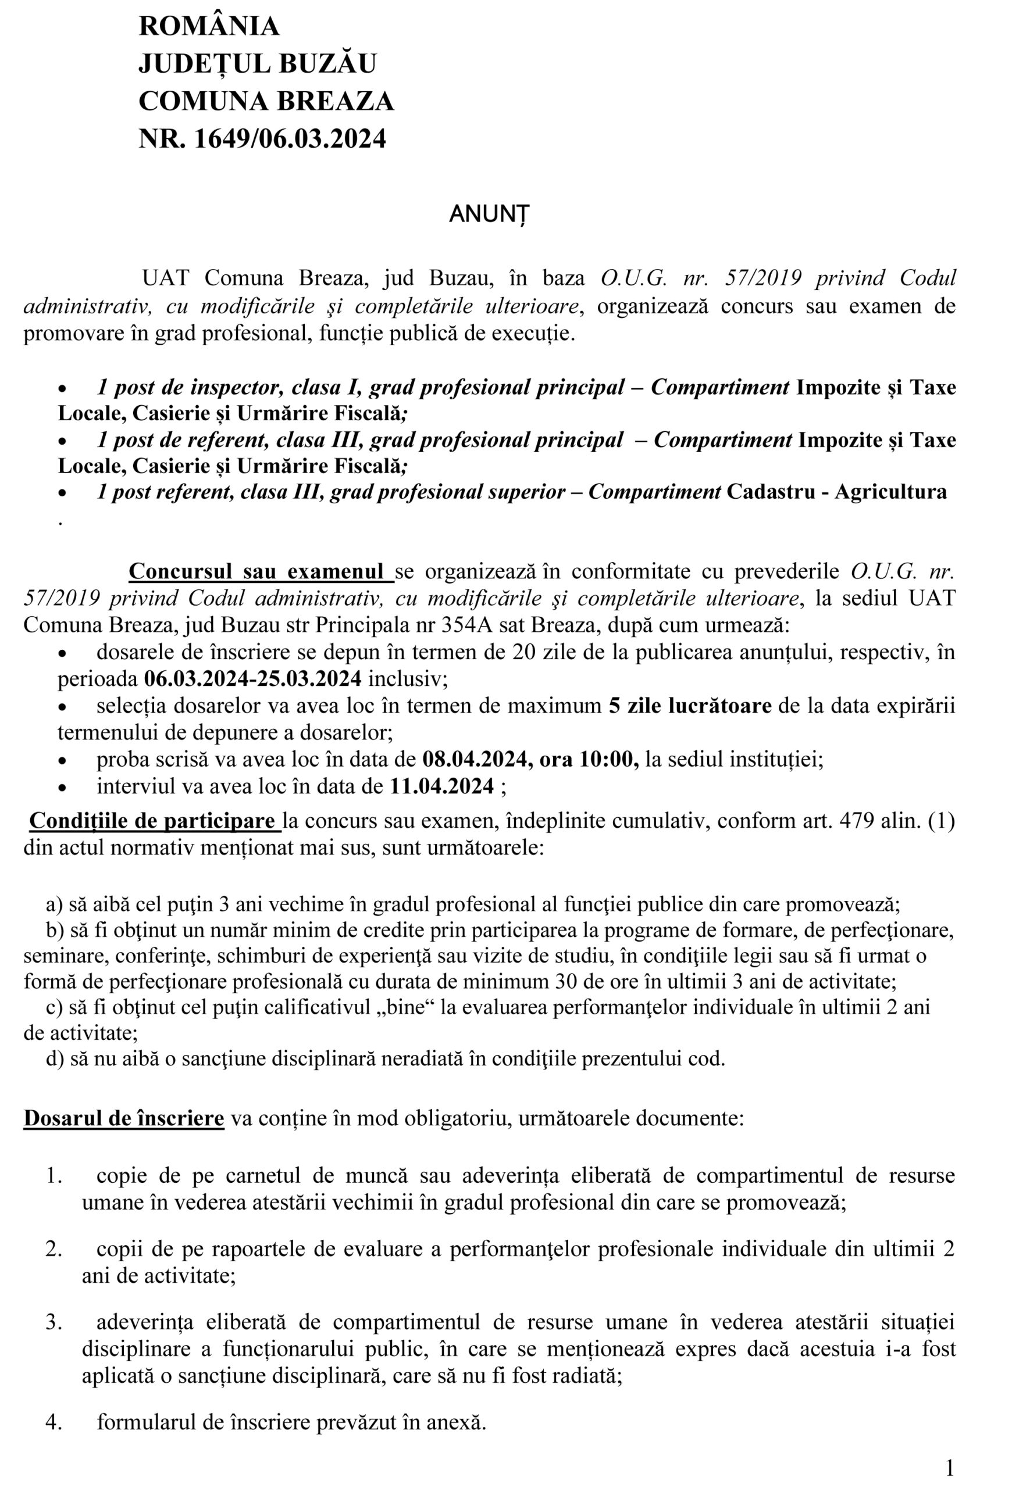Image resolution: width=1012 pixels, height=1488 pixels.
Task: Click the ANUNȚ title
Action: click(489, 214)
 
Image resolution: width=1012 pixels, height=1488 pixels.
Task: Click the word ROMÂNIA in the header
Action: click(209, 26)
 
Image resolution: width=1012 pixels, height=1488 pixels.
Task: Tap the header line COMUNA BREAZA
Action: click(266, 101)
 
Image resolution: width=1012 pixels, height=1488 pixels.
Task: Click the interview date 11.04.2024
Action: click(442, 786)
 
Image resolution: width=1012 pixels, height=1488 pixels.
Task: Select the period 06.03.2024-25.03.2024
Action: click(252, 679)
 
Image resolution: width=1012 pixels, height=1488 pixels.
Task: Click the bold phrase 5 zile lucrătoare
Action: click(690, 706)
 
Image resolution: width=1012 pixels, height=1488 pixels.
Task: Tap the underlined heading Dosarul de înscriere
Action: click(124, 1118)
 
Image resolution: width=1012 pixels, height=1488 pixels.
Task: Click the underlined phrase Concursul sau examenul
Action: click(261, 571)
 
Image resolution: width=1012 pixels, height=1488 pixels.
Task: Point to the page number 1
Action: click(950, 1468)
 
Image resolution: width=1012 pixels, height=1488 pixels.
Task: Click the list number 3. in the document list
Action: click(54, 1322)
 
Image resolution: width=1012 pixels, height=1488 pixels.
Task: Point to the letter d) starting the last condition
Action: click(55, 1058)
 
